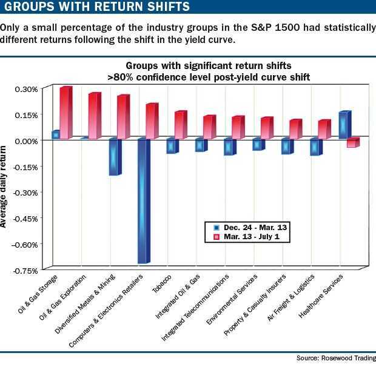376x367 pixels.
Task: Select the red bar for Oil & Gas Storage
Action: point(65,113)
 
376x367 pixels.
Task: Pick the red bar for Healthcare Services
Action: point(352,143)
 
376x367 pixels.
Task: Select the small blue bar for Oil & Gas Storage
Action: point(56,134)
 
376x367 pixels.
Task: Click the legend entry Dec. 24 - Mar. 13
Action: point(249,226)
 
